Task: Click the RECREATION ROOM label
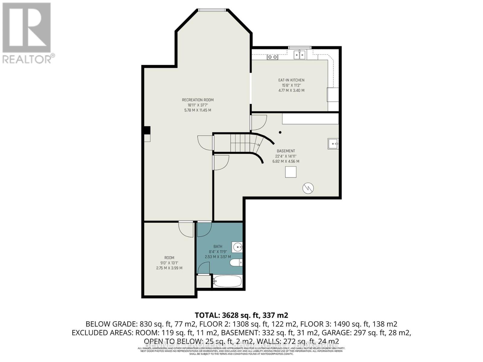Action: pos(197,100)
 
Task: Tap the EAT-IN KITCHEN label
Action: pos(291,80)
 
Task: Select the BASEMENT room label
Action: pos(286,151)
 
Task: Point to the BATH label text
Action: pos(218,246)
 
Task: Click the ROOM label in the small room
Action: pos(169,258)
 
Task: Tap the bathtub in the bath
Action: pos(227,281)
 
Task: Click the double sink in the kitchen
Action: pos(300,55)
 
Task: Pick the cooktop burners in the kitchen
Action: pos(273,57)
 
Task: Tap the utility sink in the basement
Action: pos(333,144)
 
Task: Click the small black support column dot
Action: pos(280,132)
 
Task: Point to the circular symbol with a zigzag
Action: pos(308,188)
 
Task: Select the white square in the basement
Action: pos(291,172)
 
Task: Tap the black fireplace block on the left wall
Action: pos(147,130)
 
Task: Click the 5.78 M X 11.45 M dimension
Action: pos(197,110)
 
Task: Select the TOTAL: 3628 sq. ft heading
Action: pos(241,315)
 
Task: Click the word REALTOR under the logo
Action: pos(27,59)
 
